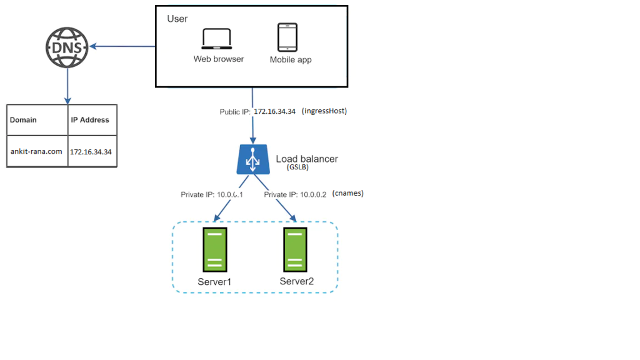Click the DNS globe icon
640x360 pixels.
coord(67,46)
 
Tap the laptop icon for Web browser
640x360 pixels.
coord(217,39)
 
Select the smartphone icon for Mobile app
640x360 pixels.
coord(287,37)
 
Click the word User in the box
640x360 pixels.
coord(177,19)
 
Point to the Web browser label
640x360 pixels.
coord(219,59)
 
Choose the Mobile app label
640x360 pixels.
coord(291,60)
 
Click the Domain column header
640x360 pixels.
coord(24,120)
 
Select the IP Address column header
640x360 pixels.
coord(90,120)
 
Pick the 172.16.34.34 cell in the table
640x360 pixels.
coord(91,152)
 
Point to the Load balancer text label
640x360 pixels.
coord(307,159)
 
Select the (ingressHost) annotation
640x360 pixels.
coord(324,111)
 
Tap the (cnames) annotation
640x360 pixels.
coord(348,194)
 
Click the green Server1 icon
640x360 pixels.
coord(214,249)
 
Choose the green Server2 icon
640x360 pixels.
coord(296,249)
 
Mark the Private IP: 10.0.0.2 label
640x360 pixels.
coord(295,195)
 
